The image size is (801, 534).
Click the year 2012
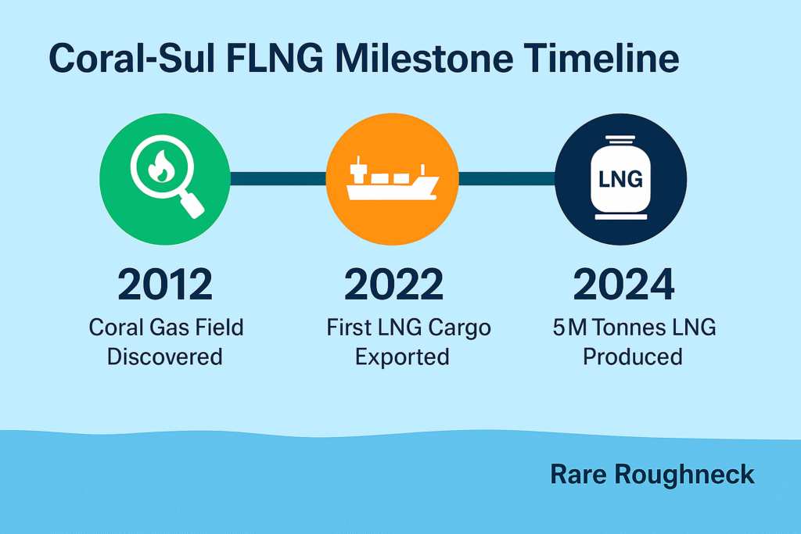point(165,285)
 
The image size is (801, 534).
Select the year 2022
point(394,285)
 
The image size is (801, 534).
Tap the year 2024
point(623,285)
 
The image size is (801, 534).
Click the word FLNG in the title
point(275,58)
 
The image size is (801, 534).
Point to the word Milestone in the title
point(425,58)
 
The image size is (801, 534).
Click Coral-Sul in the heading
point(131,58)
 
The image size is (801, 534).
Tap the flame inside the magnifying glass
point(161,167)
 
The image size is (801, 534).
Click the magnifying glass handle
point(192,205)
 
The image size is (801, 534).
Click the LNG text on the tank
point(620,179)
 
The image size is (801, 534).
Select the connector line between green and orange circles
point(278,179)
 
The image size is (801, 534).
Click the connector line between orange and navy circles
point(507,179)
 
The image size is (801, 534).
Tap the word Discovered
point(164,357)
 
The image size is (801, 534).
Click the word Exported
point(402,357)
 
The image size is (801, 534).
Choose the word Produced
point(632,357)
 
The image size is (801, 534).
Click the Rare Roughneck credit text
point(652,475)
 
